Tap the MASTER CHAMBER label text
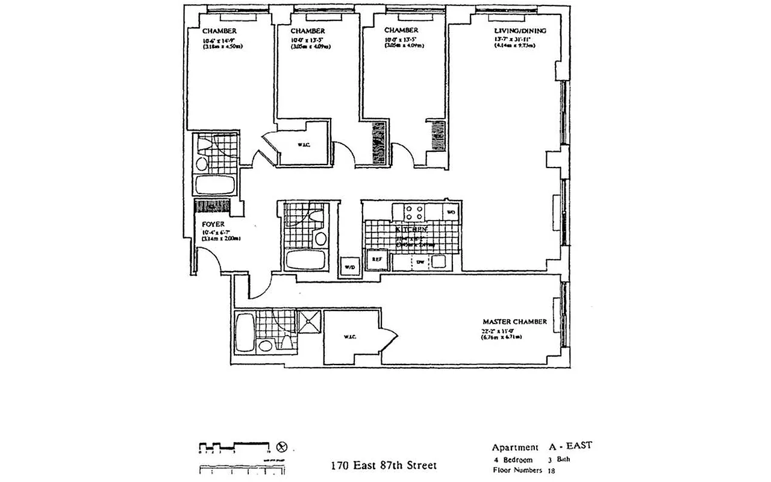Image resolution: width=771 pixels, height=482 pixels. pos(514,322)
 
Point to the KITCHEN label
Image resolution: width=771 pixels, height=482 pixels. pos(411,230)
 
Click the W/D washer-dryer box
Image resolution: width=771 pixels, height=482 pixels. pos(349,266)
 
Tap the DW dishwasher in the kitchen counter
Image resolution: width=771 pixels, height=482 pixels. pos(420,262)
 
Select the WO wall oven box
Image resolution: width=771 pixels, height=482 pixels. pos(451,212)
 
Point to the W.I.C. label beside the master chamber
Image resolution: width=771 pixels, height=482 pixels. pos(351,336)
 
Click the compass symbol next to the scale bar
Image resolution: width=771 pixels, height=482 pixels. pos(281,447)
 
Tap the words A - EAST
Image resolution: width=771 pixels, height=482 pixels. pos(570,446)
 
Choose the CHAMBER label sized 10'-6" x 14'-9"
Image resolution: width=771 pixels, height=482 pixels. pos(219,31)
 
